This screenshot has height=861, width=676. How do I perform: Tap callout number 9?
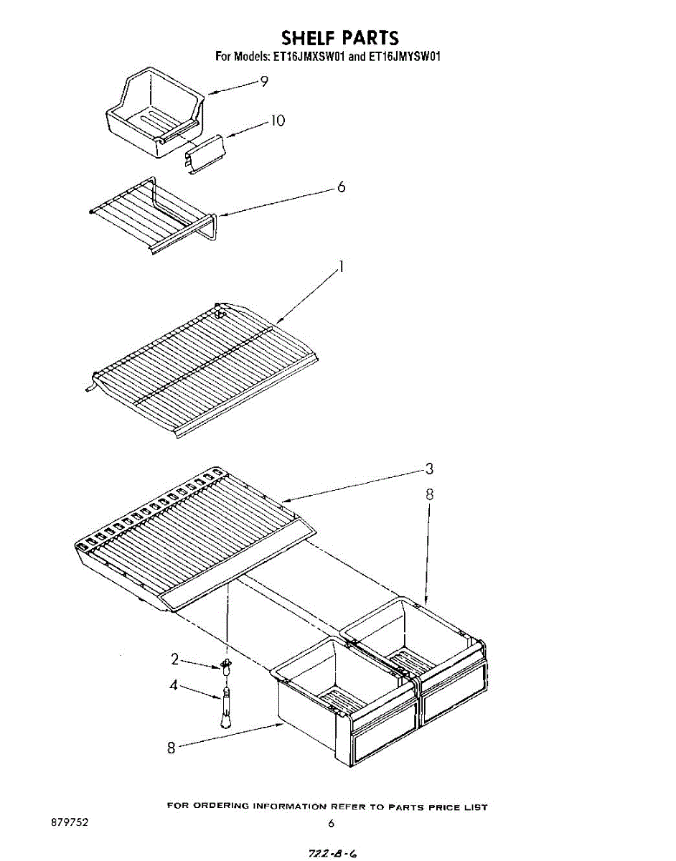click(264, 82)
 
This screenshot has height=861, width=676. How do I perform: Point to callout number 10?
click(276, 121)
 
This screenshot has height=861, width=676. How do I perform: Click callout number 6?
click(341, 187)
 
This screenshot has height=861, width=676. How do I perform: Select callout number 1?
click(342, 268)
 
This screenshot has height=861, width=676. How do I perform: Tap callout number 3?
click(429, 469)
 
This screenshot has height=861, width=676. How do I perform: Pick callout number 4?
click(174, 685)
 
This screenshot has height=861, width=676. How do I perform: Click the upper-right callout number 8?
click(429, 494)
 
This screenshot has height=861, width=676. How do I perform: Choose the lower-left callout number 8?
click(172, 748)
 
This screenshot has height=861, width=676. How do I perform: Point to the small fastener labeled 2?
click(227, 665)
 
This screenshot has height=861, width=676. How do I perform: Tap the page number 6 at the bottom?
click(331, 824)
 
